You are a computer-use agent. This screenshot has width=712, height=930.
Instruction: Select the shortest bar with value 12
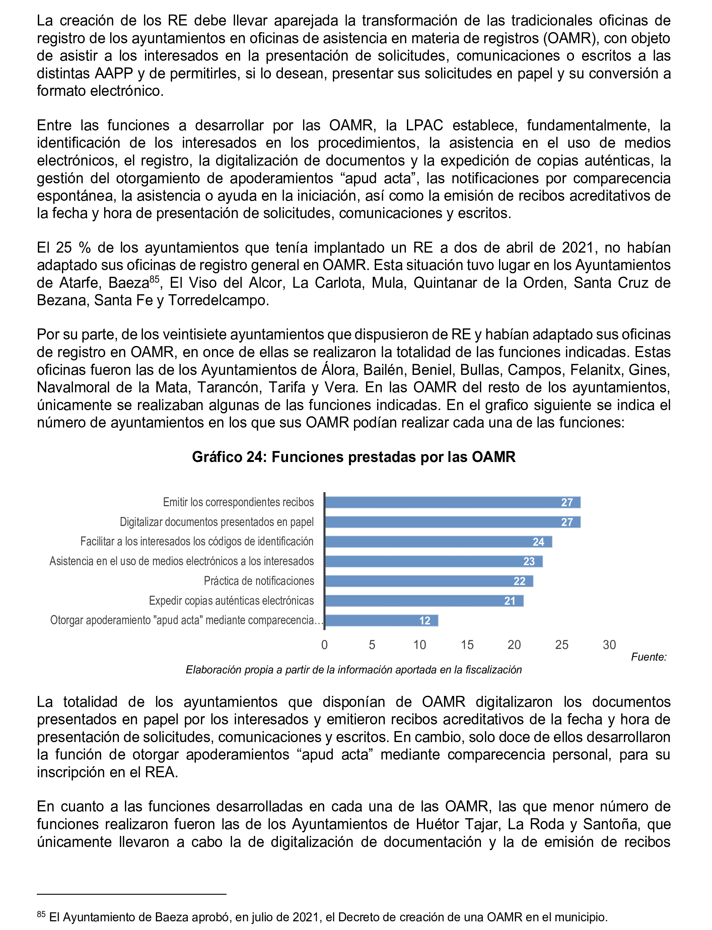click(381, 620)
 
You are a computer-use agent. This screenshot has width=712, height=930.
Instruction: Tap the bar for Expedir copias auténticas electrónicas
click(424, 601)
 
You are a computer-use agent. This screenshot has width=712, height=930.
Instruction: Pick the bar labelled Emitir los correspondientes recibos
click(452, 502)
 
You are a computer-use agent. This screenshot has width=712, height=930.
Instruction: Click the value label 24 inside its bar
click(538, 542)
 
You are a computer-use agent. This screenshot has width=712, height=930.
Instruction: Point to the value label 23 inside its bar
click(529, 561)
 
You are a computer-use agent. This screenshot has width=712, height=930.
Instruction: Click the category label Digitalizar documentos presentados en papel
click(217, 522)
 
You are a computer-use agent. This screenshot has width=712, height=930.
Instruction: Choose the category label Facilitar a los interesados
click(197, 542)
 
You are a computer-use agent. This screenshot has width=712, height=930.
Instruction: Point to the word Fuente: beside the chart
click(648, 657)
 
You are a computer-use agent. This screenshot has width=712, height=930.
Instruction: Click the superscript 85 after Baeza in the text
click(154, 278)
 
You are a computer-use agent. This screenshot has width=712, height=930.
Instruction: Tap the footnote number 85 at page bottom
click(41, 914)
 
